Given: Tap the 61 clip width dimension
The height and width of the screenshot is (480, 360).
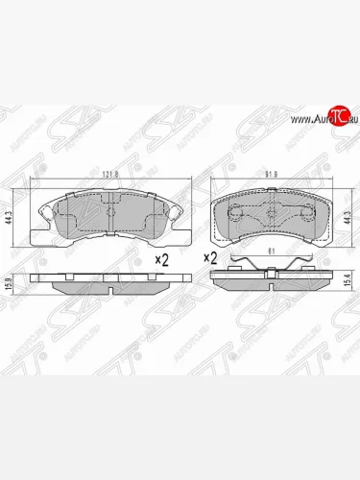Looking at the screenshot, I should (x=272, y=251).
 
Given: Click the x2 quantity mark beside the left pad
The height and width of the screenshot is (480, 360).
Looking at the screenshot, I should (x=163, y=259).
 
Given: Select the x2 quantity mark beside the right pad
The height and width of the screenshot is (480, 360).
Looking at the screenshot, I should (x=209, y=257).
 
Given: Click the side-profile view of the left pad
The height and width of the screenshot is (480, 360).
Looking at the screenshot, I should (x=106, y=284).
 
